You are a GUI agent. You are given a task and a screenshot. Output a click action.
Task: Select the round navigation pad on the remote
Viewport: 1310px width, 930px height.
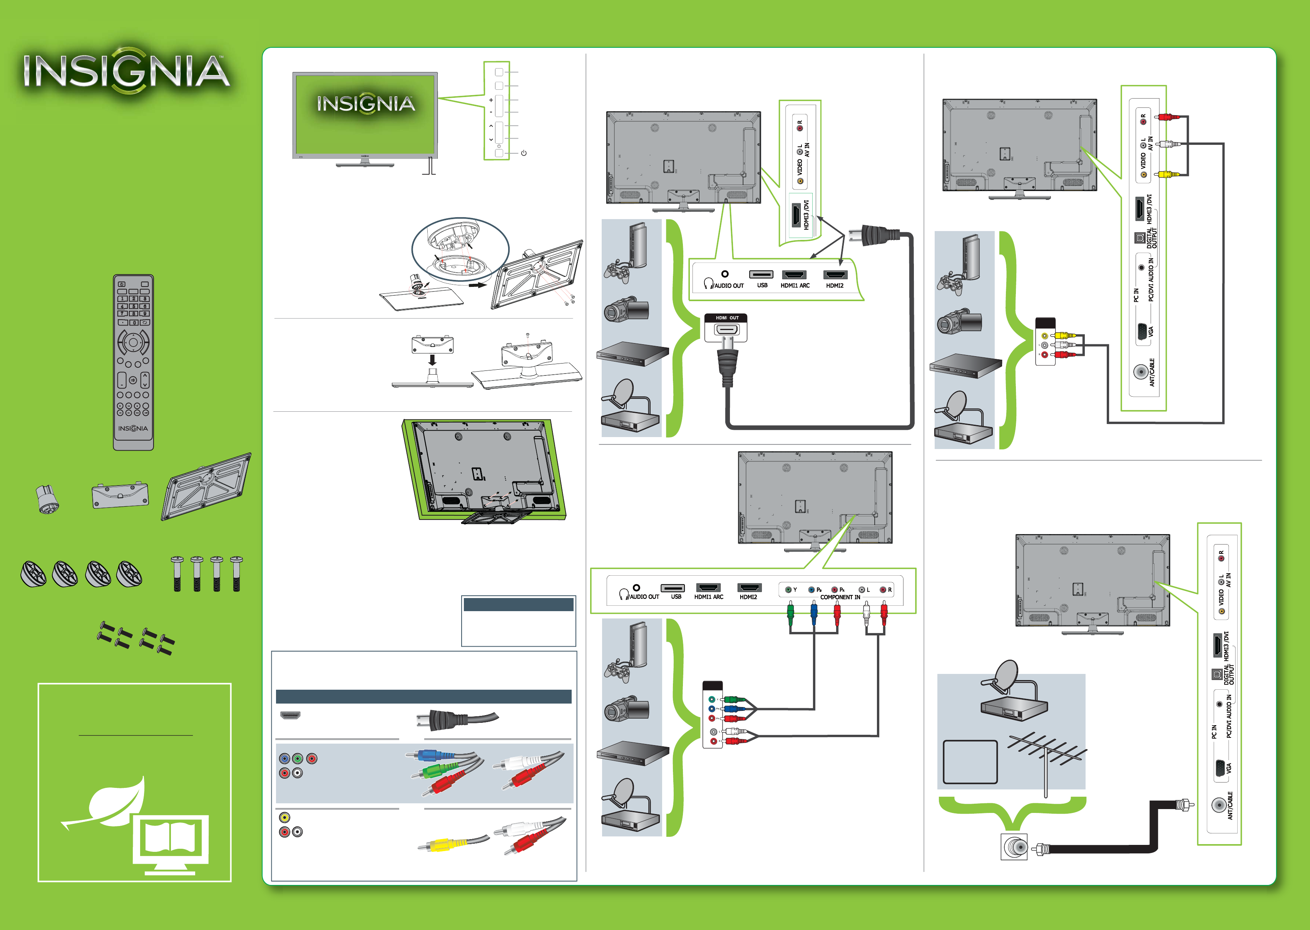coord(133,342)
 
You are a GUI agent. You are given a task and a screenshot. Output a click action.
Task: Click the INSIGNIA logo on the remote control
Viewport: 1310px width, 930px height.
coord(133,428)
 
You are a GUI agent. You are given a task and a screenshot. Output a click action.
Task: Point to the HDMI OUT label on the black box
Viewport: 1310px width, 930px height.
coord(726,318)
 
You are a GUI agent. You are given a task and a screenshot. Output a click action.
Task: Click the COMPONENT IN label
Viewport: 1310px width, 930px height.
coord(840,597)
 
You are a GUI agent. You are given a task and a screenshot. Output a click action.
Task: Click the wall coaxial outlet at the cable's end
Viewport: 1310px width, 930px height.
coord(1014,847)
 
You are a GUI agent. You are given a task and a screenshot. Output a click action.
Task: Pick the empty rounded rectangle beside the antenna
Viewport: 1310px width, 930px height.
coord(970,762)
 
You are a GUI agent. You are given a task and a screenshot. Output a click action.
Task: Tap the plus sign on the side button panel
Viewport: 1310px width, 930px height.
coord(490,100)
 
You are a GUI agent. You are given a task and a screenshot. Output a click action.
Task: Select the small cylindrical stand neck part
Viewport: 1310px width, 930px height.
coord(47,498)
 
